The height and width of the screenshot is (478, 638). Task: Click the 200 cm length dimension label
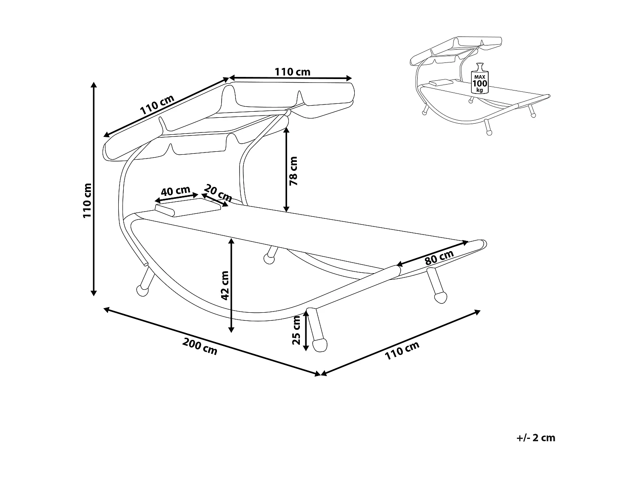point(200,346)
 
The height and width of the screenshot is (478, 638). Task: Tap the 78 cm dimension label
point(293,171)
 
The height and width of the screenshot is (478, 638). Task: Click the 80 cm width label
point(439,257)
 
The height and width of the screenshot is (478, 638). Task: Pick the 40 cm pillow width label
point(176,191)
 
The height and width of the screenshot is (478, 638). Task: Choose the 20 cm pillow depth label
point(218,192)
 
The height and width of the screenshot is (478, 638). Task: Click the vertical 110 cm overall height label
point(87,200)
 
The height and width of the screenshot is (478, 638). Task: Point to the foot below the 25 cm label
point(319,344)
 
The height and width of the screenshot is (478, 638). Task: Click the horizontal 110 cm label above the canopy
point(292,72)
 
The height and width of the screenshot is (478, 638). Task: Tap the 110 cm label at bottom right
point(402,351)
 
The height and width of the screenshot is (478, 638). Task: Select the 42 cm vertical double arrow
point(231,285)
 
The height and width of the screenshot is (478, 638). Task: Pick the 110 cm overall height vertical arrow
point(94,189)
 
